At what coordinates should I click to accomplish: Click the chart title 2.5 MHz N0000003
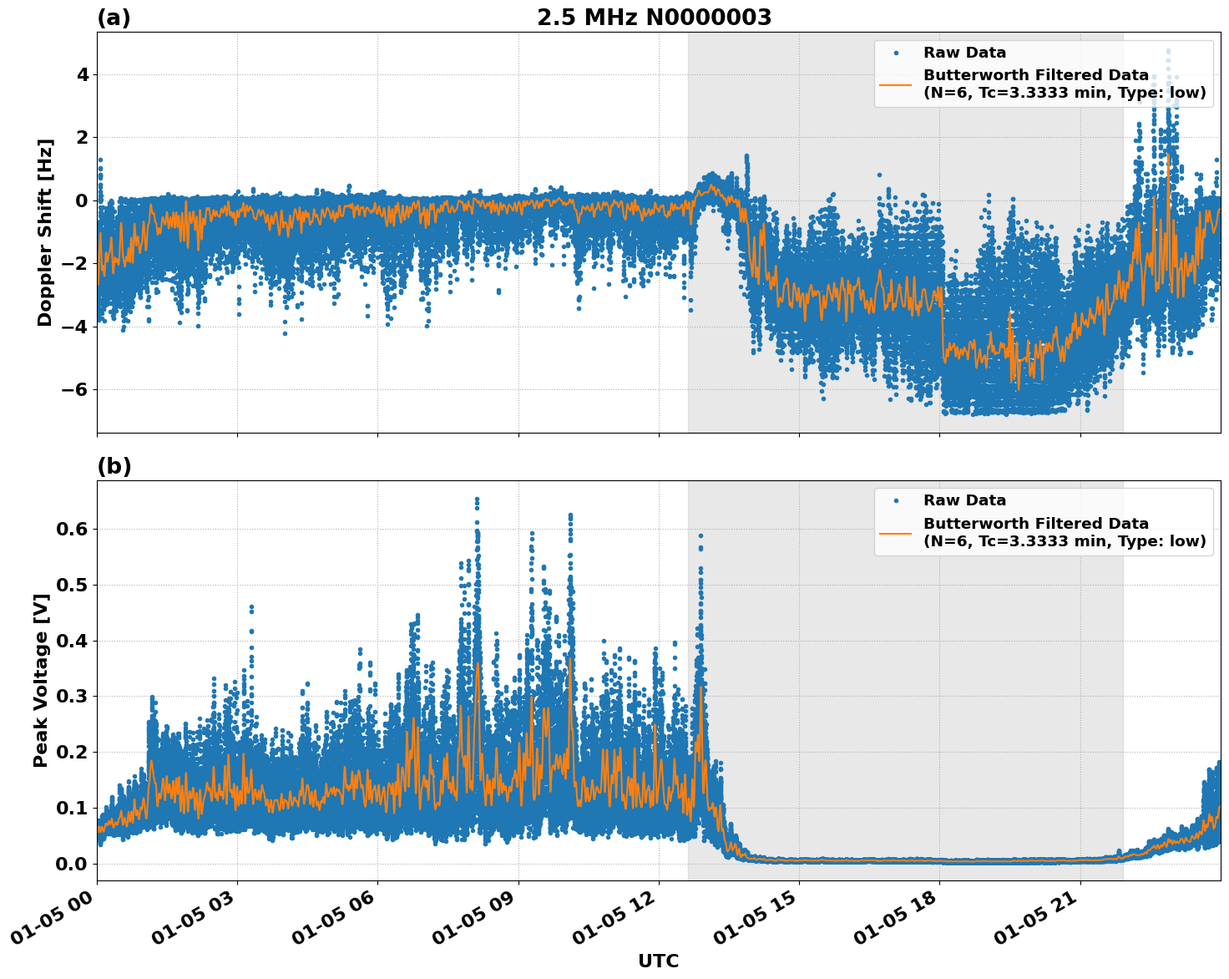click(x=654, y=18)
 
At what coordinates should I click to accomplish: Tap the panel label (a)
click(x=114, y=18)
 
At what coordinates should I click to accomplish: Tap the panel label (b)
click(x=114, y=466)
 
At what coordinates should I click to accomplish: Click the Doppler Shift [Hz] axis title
click(x=45, y=232)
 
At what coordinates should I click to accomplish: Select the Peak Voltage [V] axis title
click(x=41, y=680)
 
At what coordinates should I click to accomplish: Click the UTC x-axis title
click(x=658, y=961)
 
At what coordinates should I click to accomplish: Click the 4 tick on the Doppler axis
click(x=82, y=75)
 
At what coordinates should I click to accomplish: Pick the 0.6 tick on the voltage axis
click(x=71, y=529)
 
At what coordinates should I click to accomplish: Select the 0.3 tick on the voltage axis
click(x=71, y=696)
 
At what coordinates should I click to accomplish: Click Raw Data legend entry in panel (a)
click(x=964, y=53)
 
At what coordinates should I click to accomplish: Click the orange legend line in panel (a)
click(x=895, y=84)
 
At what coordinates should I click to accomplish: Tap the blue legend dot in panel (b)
click(x=896, y=500)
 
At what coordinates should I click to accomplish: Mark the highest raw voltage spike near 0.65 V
click(x=477, y=500)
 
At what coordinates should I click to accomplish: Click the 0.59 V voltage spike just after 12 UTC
click(x=700, y=535)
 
